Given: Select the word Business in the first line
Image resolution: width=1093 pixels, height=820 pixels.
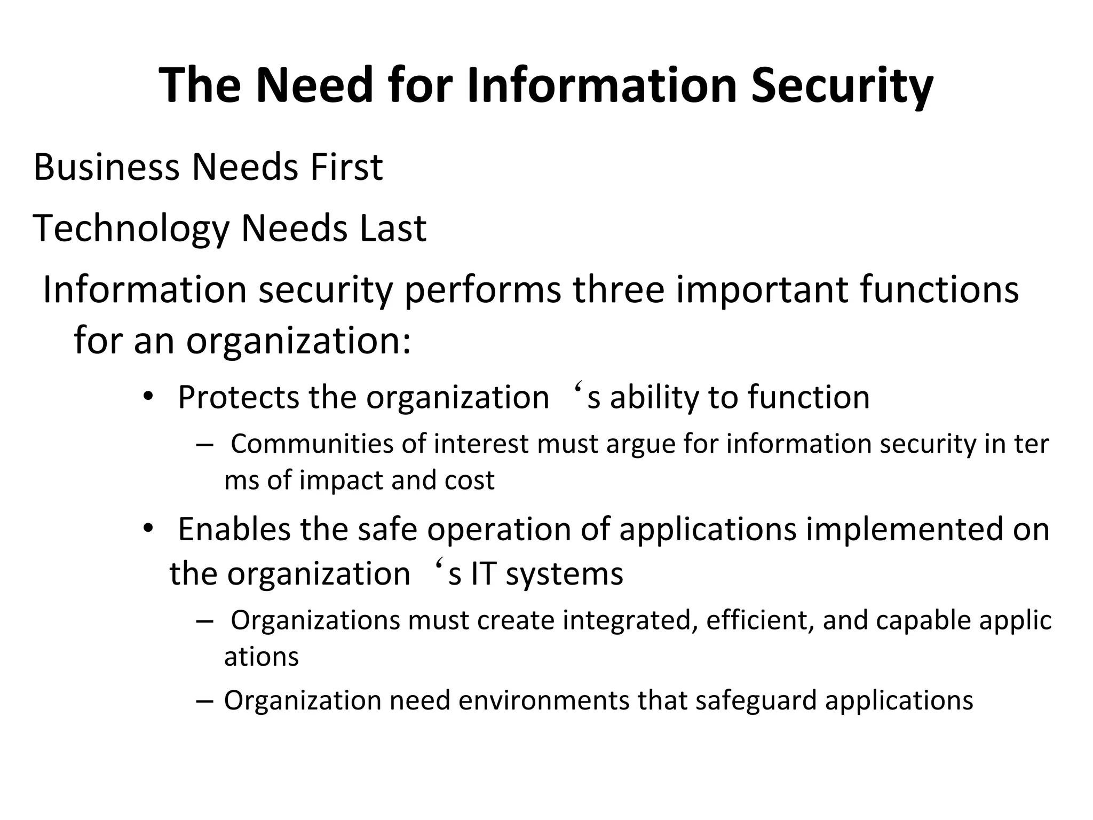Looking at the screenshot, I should (106, 167).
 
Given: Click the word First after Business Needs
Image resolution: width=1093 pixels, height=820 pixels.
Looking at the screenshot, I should (346, 167).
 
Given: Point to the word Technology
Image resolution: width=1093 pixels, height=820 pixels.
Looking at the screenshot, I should (131, 229).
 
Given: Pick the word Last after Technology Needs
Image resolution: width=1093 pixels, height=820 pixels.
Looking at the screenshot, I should (392, 228).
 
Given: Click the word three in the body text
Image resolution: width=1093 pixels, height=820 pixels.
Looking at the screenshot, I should (619, 290).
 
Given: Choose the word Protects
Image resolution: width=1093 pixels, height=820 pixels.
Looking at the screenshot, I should (239, 397).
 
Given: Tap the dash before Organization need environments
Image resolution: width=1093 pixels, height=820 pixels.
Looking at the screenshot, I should (204, 701).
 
